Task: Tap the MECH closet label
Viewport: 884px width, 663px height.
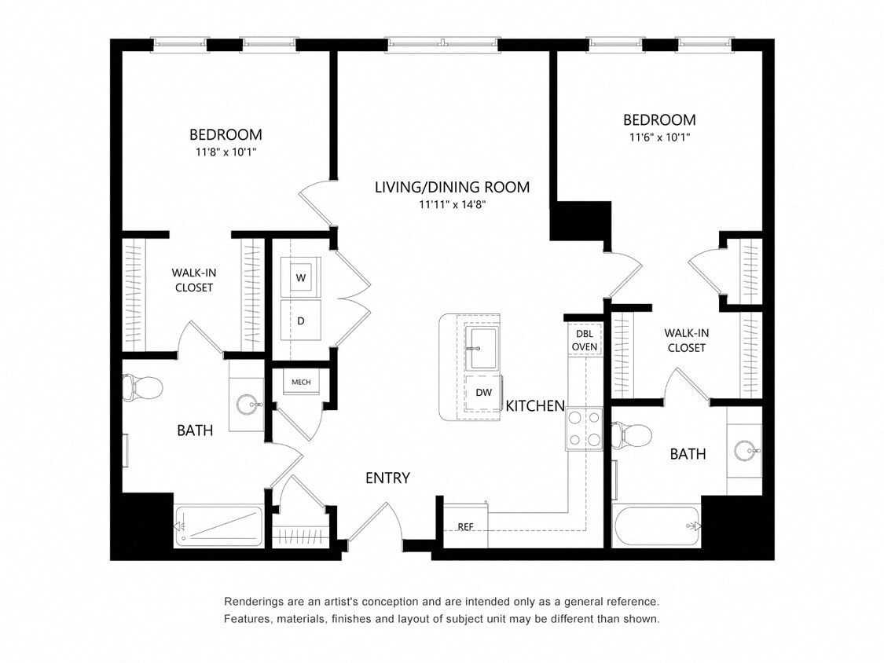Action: [x=301, y=383]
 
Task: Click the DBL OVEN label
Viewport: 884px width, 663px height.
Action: [x=585, y=340]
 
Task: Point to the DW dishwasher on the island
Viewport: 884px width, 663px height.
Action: [x=483, y=393]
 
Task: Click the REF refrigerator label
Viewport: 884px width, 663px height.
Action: [x=465, y=526]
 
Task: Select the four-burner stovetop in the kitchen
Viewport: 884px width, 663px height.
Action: [x=585, y=429]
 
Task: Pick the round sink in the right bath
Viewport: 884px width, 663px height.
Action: [x=745, y=451]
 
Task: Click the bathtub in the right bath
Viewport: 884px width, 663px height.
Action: [x=656, y=526]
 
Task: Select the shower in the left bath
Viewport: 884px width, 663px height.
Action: [x=218, y=526]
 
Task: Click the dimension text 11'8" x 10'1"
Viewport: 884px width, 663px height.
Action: [x=226, y=152]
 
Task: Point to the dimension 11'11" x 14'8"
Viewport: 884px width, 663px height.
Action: [x=452, y=205]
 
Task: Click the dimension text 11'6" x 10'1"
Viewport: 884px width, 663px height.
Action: [x=658, y=137]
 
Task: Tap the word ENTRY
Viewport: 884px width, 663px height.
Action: [x=387, y=478]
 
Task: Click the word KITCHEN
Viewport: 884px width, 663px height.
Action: [x=535, y=406]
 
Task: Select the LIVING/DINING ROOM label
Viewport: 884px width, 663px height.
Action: [x=452, y=187]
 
